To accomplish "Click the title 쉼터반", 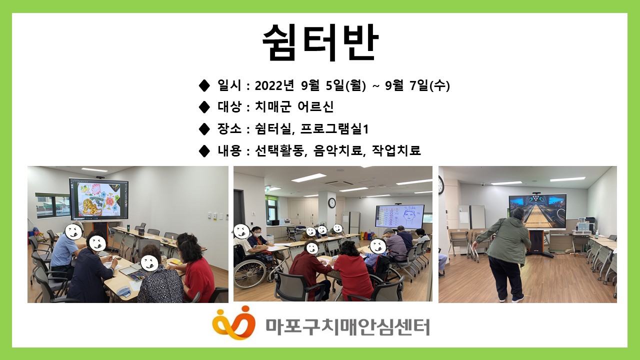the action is pyautogui.click(x=320, y=42).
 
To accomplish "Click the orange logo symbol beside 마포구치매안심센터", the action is pyautogui.click(x=233, y=322).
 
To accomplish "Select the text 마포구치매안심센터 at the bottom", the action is pyautogui.click(x=347, y=327).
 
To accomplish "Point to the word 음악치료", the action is pyautogui.click(x=338, y=150).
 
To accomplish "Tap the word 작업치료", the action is pyautogui.click(x=396, y=150).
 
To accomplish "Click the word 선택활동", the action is pyautogui.click(x=279, y=150).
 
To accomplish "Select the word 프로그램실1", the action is pyautogui.click(x=334, y=129).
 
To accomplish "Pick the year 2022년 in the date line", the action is pyautogui.click(x=274, y=85).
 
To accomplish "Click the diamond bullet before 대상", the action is pyautogui.click(x=204, y=107).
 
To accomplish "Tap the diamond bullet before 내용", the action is pyautogui.click(x=204, y=150).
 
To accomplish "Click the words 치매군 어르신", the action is pyautogui.click(x=294, y=107).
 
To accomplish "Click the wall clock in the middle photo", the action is pyautogui.click(x=331, y=203).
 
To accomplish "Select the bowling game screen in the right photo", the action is pyautogui.click(x=537, y=211).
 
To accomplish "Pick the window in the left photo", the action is pyautogui.click(x=52, y=205).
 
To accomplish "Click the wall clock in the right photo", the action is pyautogui.click(x=441, y=185).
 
